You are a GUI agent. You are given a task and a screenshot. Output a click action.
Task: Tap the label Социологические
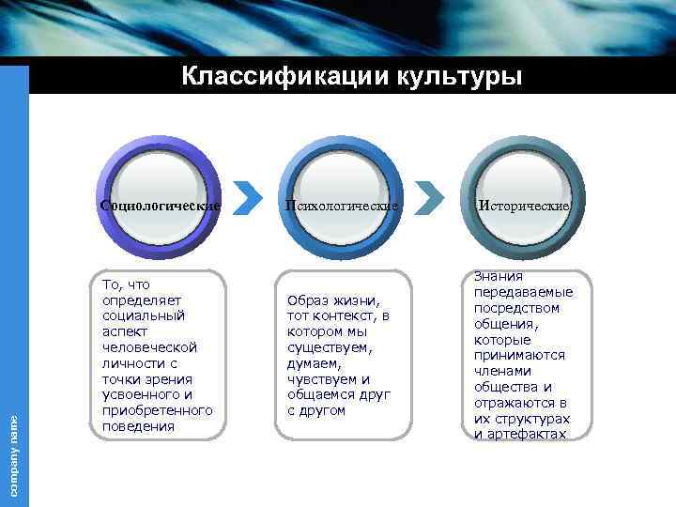[161, 205]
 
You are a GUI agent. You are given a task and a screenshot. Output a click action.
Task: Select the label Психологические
[343, 205]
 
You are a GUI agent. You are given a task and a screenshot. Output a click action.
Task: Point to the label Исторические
[524, 205]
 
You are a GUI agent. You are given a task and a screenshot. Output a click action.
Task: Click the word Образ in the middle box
[308, 300]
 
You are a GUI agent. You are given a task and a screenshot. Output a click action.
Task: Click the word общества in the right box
[513, 387]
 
